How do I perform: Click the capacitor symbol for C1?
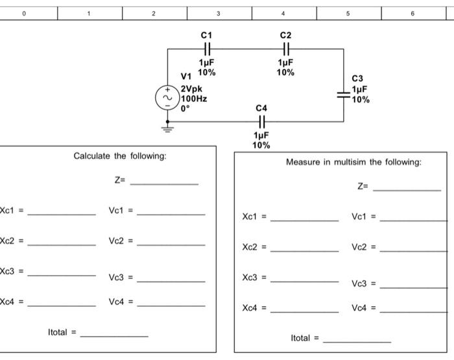coord(207,49)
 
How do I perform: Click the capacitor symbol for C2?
coord(285,49)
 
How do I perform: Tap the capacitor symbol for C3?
coord(344,93)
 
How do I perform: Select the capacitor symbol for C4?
coord(261,121)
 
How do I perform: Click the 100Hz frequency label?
coord(194,99)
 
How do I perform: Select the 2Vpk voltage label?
coord(191,89)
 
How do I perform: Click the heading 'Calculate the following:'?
coord(120,156)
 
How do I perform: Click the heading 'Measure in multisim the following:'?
coord(353,162)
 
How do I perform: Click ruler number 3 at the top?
coord(219,13)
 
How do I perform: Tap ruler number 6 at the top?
coord(412,13)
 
